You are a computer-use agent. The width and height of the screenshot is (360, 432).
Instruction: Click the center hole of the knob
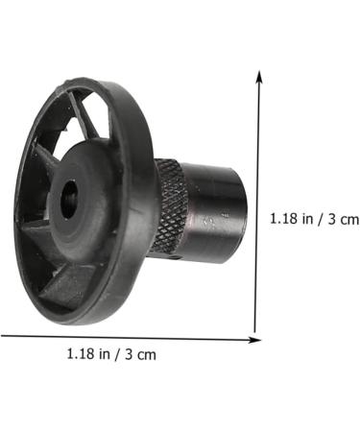tap(69, 199)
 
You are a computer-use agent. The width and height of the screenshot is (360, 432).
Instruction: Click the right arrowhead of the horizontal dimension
tap(255, 340)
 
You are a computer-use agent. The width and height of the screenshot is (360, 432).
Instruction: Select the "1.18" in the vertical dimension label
tap(284, 219)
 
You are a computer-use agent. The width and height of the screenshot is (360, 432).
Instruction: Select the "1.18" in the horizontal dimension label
tap(81, 354)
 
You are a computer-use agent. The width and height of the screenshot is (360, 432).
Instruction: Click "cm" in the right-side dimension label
tap(348, 220)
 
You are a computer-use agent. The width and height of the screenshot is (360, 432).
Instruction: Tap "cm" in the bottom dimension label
tap(146, 355)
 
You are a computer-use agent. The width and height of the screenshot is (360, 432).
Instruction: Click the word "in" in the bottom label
tap(105, 354)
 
